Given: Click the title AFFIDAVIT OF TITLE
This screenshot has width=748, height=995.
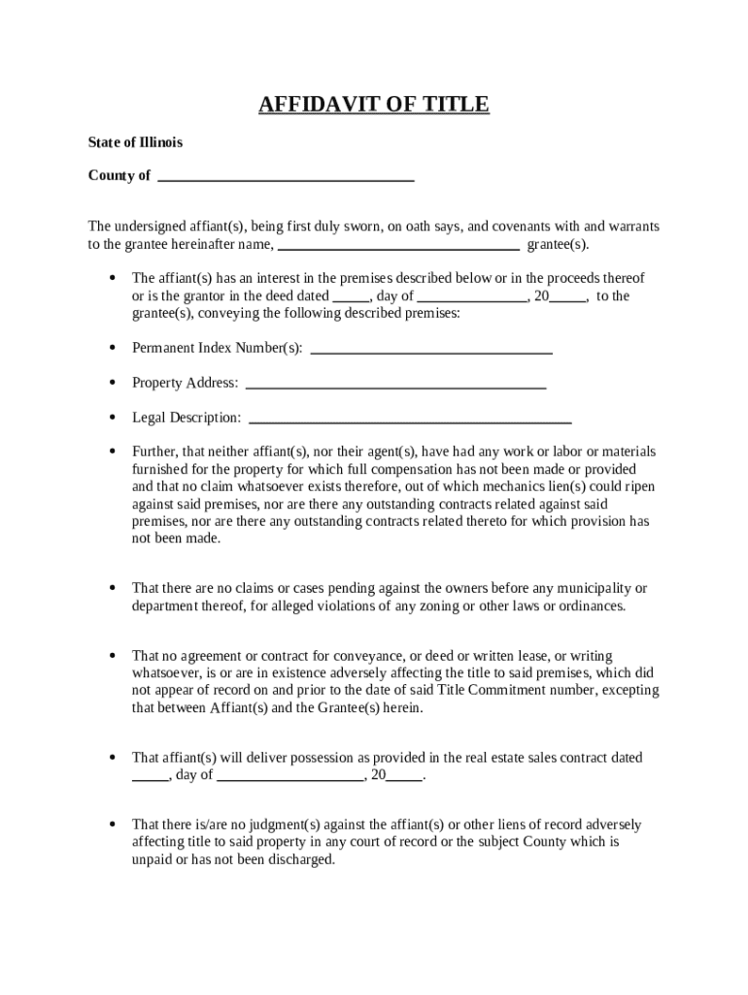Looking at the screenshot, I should pos(374,105).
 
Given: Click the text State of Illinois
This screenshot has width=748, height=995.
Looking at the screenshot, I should pos(135,143).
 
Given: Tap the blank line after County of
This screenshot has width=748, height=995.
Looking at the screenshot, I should pos(286,179).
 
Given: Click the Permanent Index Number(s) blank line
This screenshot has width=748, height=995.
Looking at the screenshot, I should pos(430,351).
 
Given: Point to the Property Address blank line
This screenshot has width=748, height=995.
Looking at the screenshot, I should pos(395,386).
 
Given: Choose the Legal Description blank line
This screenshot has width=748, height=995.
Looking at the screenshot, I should pos(410,421).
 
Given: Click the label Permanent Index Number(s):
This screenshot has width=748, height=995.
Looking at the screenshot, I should pos(217,348).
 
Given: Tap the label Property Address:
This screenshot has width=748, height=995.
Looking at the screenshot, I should pos(185,383).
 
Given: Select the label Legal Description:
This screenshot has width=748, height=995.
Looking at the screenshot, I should pos(187,418).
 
